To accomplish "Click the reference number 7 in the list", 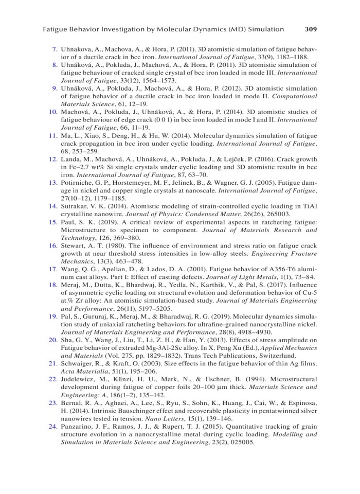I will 55,49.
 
